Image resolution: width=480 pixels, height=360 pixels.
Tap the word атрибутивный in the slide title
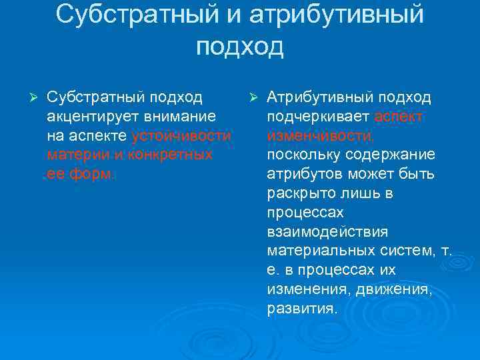point(338,14)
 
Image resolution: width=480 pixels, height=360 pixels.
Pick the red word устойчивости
point(182,136)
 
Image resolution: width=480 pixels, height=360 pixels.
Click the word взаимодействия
point(327,233)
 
